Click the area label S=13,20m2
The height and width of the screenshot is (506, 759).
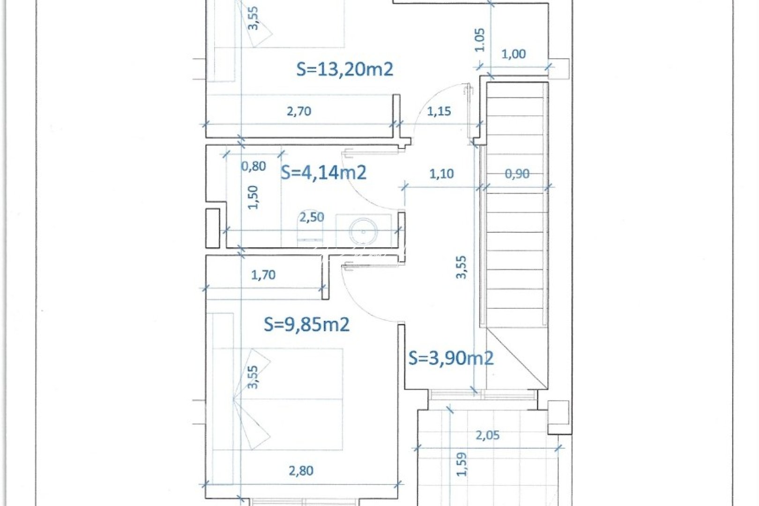click(345, 69)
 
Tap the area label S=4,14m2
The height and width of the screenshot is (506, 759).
click(323, 173)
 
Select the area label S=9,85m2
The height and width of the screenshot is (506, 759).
click(306, 324)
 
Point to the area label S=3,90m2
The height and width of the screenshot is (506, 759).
click(451, 358)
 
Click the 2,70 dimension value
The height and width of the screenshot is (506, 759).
click(299, 112)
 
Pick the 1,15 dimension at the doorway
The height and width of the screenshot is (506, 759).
click(439, 112)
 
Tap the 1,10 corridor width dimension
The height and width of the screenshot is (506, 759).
click(441, 174)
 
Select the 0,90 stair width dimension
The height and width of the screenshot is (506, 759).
click(517, 174)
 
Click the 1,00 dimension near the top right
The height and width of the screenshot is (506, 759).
click(513, 54)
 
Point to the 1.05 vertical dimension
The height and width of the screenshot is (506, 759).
click(480, 40)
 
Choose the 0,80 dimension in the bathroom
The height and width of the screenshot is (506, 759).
click(253, 166)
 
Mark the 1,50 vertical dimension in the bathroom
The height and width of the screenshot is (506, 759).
click(253, 197)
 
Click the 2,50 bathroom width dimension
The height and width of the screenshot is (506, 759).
click(312, 217)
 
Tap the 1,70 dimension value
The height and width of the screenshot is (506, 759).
click(263, 275)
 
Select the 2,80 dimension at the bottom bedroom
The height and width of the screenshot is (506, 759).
click(301, 471)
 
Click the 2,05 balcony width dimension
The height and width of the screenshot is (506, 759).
click(487, 435)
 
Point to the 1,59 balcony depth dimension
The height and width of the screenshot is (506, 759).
click(462, 464)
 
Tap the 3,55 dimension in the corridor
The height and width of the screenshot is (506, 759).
click(461, 267)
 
